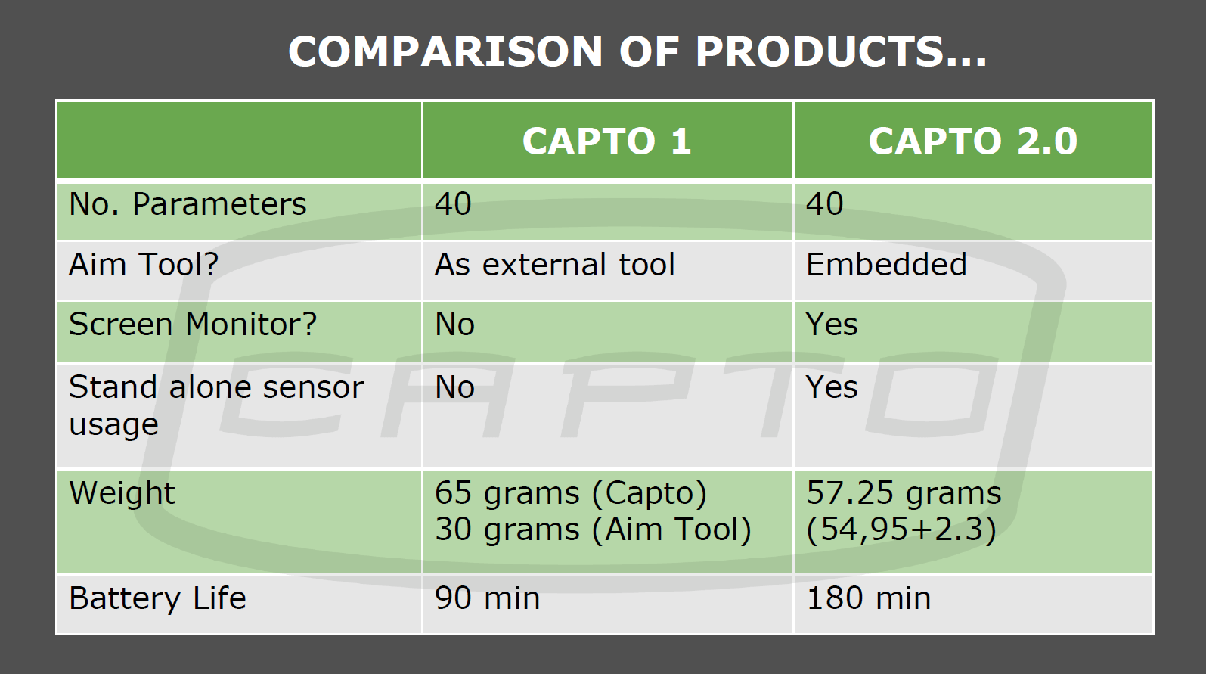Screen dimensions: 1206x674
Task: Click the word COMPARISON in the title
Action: point(445,51)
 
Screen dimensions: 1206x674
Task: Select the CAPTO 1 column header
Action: point(606,141)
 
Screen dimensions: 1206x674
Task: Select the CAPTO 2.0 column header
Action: point(973,141)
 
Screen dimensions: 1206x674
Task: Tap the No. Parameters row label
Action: point(188,204)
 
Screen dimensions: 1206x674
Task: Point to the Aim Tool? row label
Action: point(144,265)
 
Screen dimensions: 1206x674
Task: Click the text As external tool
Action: point(554,265)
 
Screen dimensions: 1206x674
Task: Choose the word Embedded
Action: point(886,265)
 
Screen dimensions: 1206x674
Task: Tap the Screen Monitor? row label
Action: point(193,325)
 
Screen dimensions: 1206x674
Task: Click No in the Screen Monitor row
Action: point(455,325)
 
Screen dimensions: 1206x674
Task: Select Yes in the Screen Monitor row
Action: point(832,325)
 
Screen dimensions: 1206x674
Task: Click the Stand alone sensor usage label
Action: point(216,405)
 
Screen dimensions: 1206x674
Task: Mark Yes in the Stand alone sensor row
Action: point(832,387)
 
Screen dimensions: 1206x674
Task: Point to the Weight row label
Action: point(122,493)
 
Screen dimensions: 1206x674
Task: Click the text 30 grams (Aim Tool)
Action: point(594,529)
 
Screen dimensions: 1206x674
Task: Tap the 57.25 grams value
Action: point(904,493)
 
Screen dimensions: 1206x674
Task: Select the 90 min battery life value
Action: point(487,598)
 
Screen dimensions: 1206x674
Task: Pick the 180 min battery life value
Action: point(869,598)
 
